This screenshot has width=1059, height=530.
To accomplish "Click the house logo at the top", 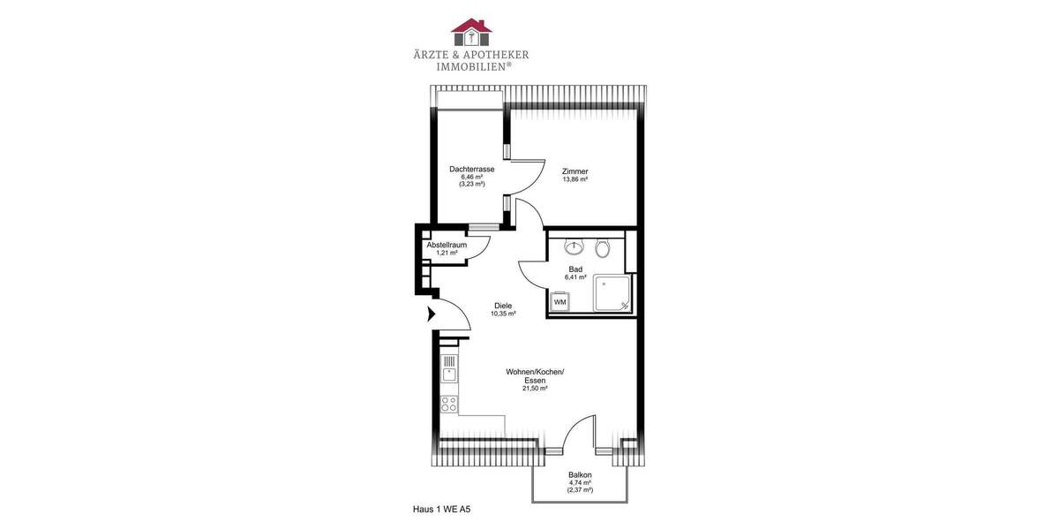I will tap(471, 32).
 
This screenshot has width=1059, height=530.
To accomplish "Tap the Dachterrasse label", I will tap(471, 169).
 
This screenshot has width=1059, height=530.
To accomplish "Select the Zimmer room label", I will tap(575, 171).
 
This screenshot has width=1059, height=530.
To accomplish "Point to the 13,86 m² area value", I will tap(575, 179).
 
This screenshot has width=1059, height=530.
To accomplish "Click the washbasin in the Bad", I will tap(575, 247).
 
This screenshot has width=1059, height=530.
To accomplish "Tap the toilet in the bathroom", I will tap(603, 248).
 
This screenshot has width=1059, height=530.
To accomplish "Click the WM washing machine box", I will tap(560, 302).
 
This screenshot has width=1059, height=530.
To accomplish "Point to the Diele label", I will tap(503, 306).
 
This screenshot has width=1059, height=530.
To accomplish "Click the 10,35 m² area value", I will tap(503, 314).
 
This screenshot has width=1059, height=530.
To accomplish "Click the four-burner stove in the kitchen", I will tap(448, 405).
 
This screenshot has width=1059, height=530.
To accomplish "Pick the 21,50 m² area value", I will tap(535, 389).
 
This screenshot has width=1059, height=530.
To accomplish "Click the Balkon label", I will tap(580, 474).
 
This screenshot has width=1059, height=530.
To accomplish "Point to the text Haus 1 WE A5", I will tap(447, 510).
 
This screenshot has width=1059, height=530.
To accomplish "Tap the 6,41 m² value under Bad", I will tap(575, 277).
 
